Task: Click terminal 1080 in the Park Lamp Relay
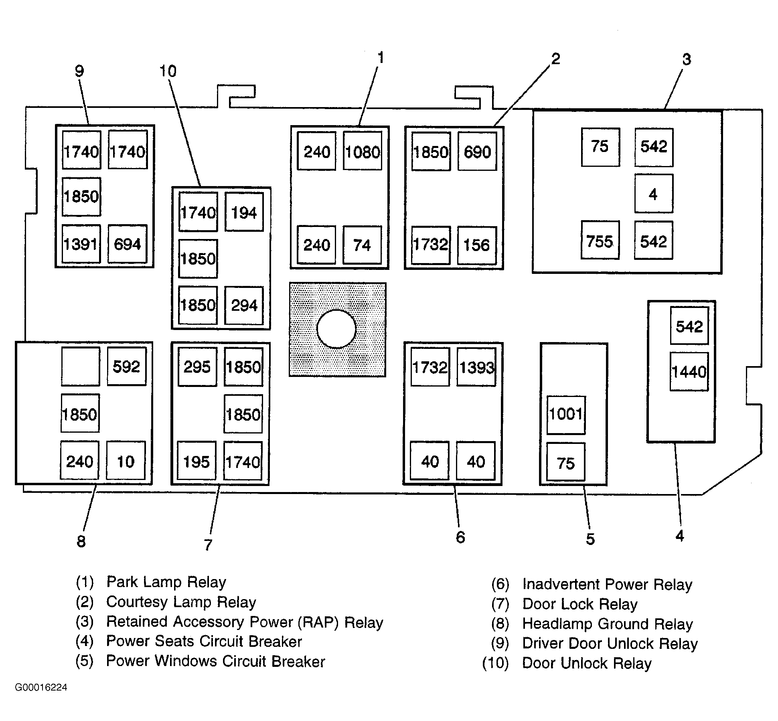pos(363,151)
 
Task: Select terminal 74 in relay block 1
pos(362,245)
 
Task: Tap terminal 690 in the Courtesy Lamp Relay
pos(477,151)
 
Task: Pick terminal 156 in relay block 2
pos(477,245)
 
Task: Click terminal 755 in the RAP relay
pos(600,240)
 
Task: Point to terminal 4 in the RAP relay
pos(654,194)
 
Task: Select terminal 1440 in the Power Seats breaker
pos(689,371)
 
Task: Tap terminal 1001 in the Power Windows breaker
pos(566,415)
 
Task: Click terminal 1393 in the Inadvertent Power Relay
pos(476,367)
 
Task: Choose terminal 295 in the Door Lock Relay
pos(197,367)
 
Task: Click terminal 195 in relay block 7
pos(197,461)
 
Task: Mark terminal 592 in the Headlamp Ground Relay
pos(126,366)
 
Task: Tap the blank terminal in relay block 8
pos(80,366)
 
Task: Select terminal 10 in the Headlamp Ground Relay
pos(126,461)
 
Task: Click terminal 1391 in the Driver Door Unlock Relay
pos(81,244)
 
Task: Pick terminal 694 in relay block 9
pos(128,244)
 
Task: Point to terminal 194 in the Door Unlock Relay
pos(244,212)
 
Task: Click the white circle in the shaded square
pos(336,329)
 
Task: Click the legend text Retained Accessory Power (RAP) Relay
pos(245,622)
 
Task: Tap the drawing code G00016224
pos(41,687)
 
